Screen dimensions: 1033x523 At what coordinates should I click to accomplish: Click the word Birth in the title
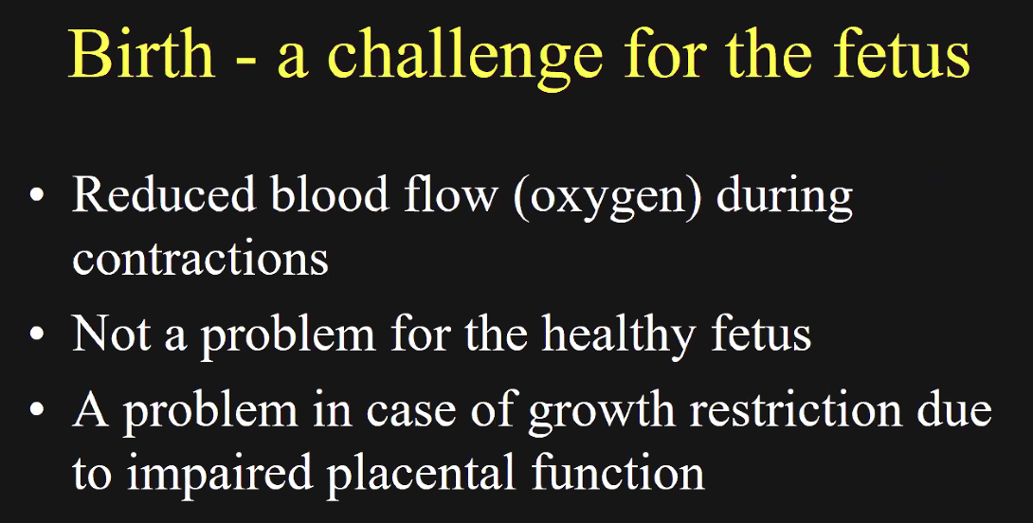(x=141, y=53)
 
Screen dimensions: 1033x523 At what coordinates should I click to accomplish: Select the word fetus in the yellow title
(x=902, y=53)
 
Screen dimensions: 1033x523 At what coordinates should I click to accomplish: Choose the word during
(x=784, y=199)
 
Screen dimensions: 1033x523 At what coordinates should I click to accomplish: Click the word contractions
(x=200, y=259)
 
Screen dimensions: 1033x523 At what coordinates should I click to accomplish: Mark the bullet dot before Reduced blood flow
(x=37, y=195)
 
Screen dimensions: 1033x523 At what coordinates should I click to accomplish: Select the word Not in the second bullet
(x=111, y=334)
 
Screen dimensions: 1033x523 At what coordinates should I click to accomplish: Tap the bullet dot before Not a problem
(x=37, y=334)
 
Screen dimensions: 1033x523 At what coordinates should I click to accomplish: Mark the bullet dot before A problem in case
(x=37, y=408)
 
